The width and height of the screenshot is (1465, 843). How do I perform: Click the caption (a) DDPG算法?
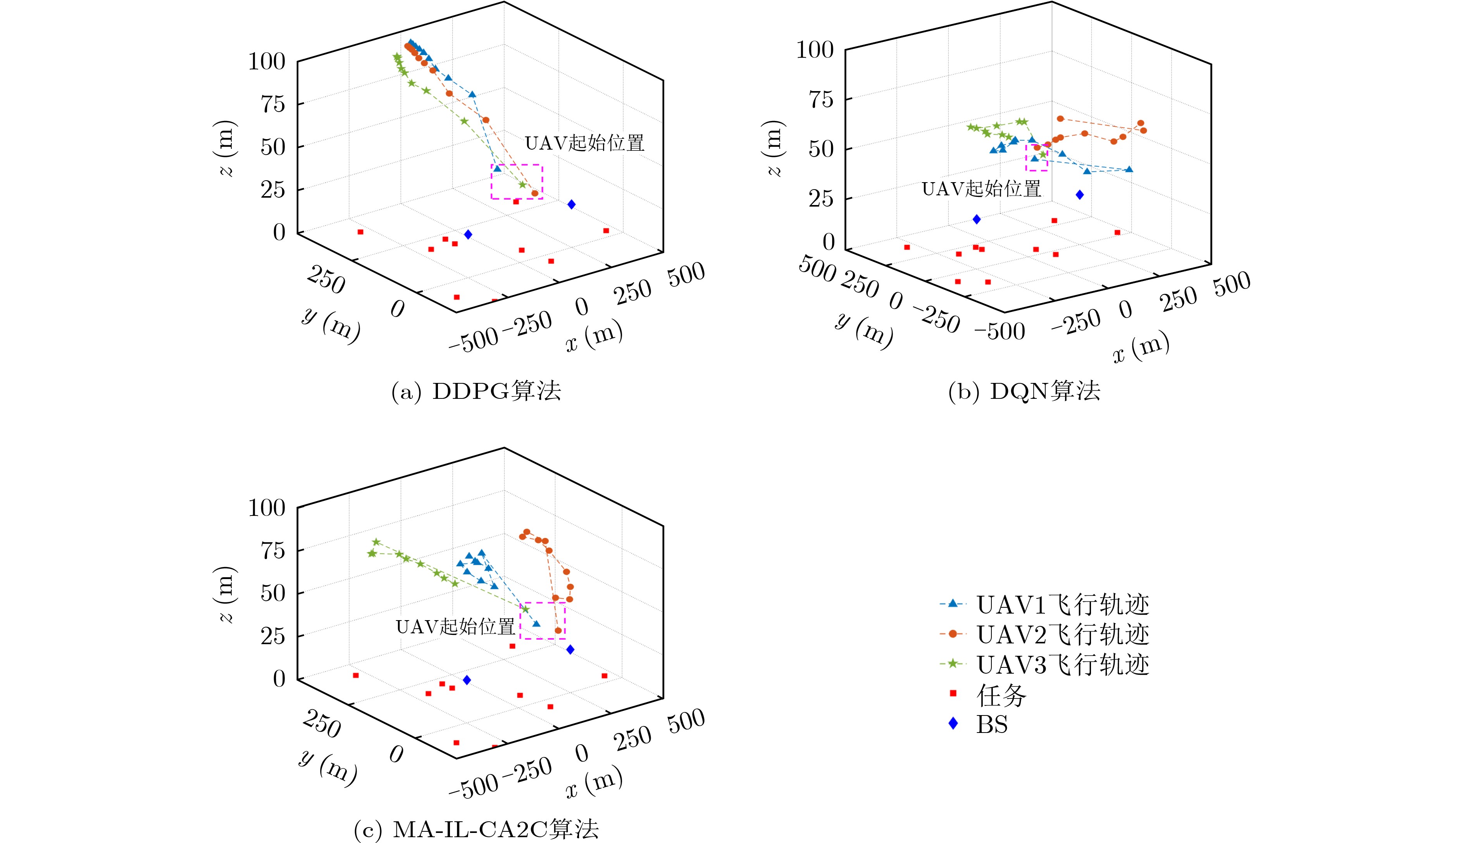(x=476, y=392)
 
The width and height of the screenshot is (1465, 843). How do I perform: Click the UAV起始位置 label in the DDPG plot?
(x=584, y=143)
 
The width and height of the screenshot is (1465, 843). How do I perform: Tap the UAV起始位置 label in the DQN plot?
(x=981, y=189)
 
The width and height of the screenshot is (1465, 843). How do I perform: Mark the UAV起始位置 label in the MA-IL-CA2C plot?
(x=455, y=626)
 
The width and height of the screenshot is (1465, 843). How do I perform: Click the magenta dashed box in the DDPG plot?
(x=517, y=182)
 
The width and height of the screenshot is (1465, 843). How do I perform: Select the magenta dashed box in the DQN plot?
(x=1036, y=157)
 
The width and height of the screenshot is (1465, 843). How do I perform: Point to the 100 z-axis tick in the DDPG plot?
(x=267, y=61)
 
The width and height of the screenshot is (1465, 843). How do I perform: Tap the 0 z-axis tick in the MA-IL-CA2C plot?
(x=279, y=679)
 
